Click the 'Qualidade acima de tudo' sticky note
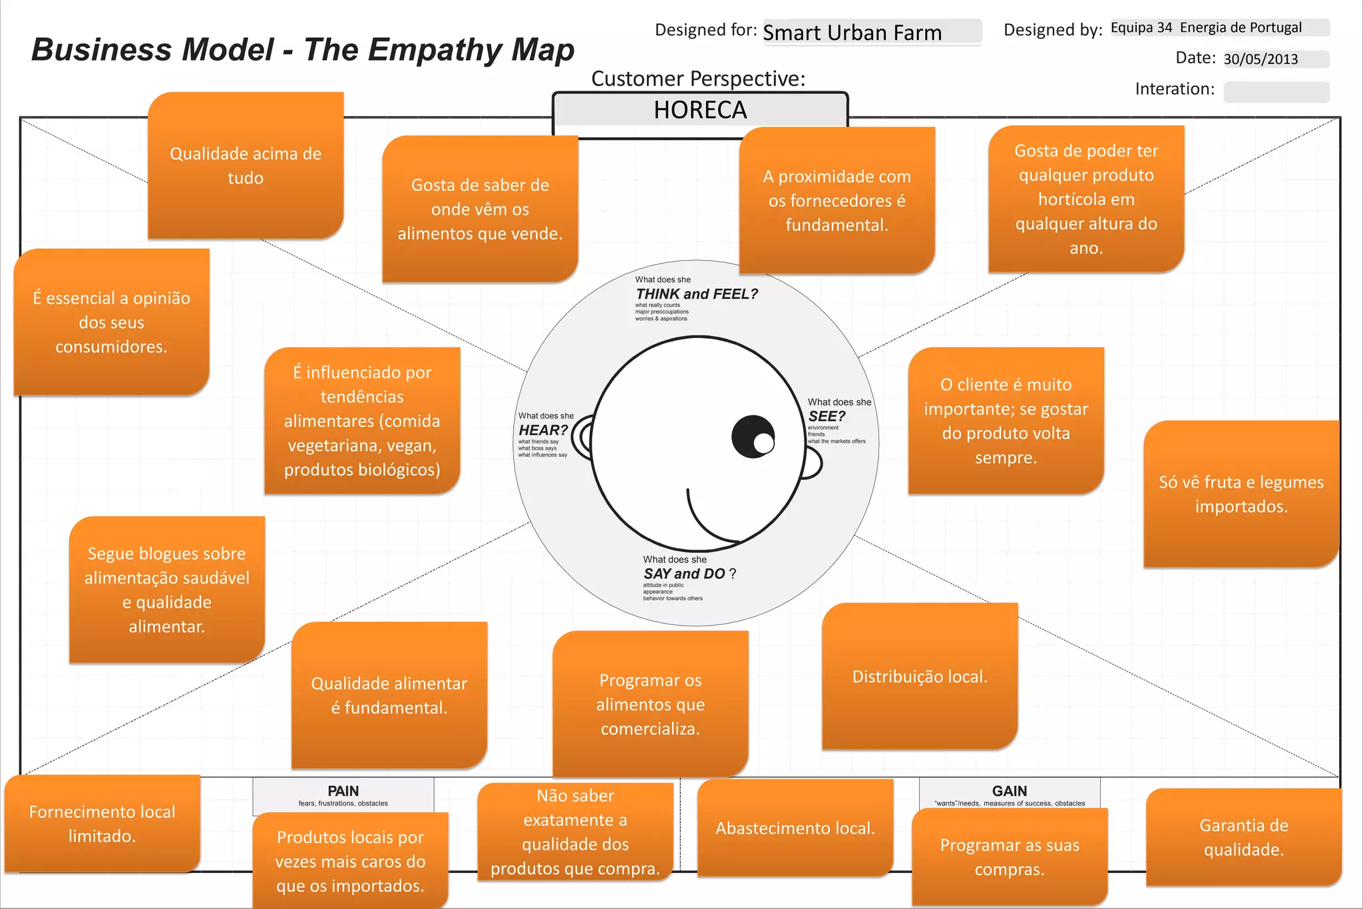(246, 166)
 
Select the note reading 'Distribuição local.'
(920, 677)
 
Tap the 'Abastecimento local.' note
(795, 828)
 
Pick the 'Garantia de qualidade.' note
(1243, 837)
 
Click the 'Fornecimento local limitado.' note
(102, 824)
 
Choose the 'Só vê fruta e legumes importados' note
(1241, 494)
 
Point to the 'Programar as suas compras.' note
(1010, 857)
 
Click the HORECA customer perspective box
(700, 110)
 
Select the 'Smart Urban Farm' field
(872, 32)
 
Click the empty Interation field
(1276, 92)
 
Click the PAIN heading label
(343, 791)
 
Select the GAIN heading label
(1010, 791)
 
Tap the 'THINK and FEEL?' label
(696, 294)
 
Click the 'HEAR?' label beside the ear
(543, 431)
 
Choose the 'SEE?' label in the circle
(827, 417)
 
